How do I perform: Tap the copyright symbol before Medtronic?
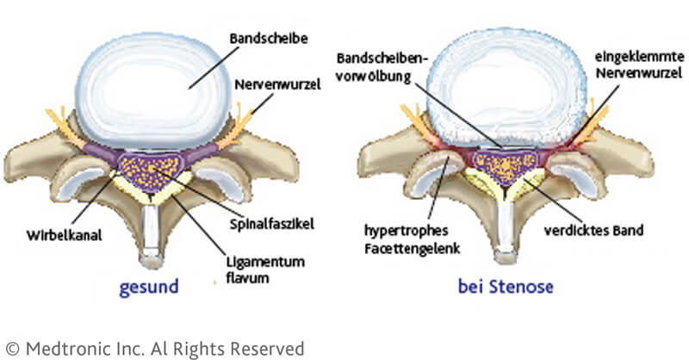click(x=12, y=349)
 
